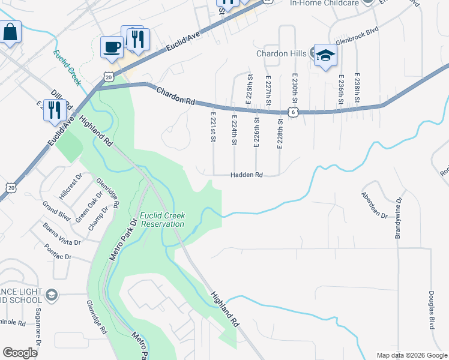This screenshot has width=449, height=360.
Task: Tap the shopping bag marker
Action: click(10, 32)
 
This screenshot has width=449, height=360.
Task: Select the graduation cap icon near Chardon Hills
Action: click(325, 55)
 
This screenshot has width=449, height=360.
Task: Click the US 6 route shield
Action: click(292, 112)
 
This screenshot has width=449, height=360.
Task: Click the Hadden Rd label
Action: click(247, 175)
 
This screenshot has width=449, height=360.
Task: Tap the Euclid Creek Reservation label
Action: click(161, 220)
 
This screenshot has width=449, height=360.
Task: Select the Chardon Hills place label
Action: click(282, 53)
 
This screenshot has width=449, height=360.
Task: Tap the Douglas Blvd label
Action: click(431, 310)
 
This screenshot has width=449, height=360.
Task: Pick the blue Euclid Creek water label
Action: click(66, 68)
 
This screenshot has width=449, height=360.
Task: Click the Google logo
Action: click(20, 353)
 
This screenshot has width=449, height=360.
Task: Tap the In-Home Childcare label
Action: click(324, 3)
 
